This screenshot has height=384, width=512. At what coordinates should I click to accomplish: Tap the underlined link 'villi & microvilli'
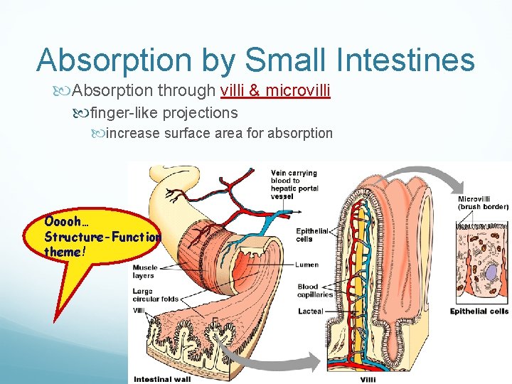[276, 90]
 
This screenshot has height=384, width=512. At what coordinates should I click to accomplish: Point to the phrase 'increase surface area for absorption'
[219, 133]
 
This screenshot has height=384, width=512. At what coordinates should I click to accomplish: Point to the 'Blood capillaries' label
[313, 291]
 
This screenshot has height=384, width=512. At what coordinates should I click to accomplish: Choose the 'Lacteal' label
[311, 311]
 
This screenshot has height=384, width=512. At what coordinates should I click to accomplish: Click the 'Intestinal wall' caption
[162, 379]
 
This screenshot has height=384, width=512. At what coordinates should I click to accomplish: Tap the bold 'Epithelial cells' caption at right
[479, 311]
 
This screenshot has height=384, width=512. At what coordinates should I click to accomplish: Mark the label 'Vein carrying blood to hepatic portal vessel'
[294, 184]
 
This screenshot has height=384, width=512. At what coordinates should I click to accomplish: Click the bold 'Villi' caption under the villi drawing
[368, 379]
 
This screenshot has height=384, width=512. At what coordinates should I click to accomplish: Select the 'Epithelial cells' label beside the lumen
[313, 235]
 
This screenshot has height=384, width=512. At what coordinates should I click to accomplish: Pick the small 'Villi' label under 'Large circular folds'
[139, 310]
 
